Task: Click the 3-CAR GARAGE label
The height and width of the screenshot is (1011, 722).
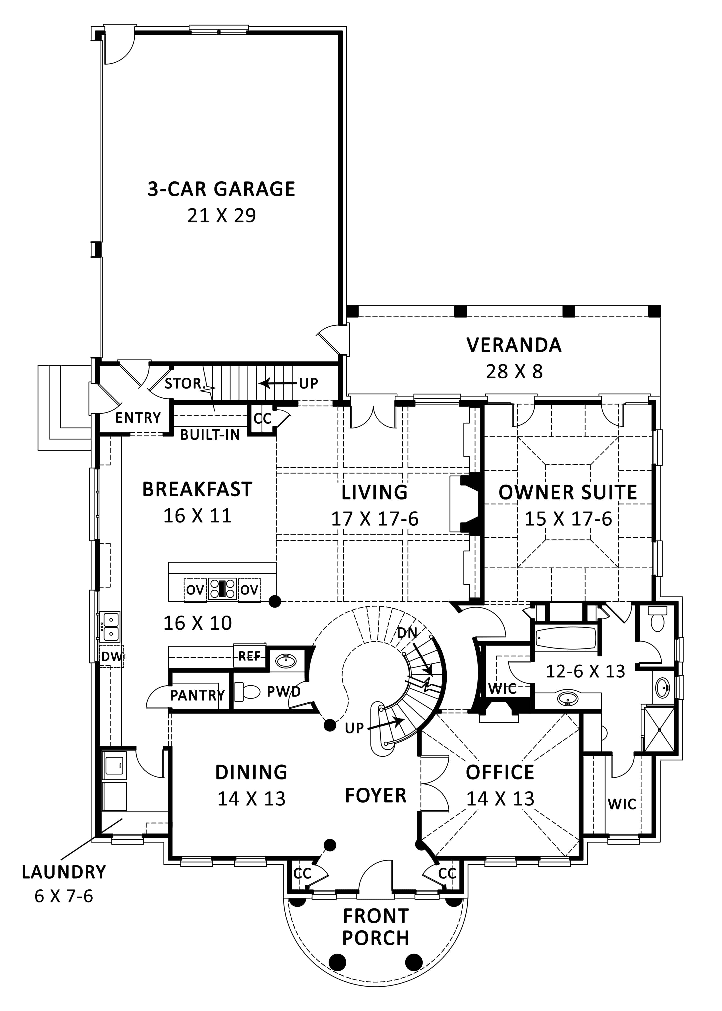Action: [x=221, y=189]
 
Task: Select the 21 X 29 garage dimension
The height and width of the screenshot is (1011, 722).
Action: [x=221, y=216]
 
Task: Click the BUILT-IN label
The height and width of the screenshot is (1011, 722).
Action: [x=210, y=434]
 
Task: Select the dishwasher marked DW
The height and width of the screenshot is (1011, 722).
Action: [x=111, y=656]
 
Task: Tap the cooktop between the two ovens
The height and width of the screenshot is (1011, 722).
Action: [x=222, y=589]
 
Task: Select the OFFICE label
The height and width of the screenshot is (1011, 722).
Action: [x=500, y=772]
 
